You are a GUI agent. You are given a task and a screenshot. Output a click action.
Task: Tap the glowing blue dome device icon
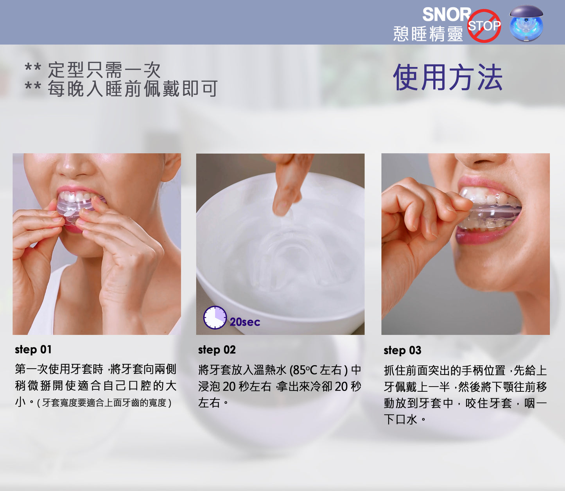(x=526, y=23)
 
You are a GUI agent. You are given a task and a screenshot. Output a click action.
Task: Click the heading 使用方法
(x=448, y=77)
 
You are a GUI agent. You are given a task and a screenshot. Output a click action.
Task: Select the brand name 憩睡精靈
(x=428, y=34)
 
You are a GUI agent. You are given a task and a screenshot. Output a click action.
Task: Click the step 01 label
(x=33, y=349)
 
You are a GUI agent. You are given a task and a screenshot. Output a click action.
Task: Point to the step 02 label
(x=217, y=350)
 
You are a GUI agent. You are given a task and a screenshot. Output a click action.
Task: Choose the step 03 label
(x=402, y=350)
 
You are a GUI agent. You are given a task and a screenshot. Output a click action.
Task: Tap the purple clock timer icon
(x=215, y=317)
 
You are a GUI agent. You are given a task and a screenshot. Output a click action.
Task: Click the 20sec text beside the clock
(x=245, y=322)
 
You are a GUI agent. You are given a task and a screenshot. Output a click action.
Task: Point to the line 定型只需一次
(x=104, y=70)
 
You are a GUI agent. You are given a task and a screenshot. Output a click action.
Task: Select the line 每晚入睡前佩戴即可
(x=133, y=89)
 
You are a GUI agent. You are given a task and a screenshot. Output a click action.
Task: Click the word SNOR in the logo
(x=447, y=14)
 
